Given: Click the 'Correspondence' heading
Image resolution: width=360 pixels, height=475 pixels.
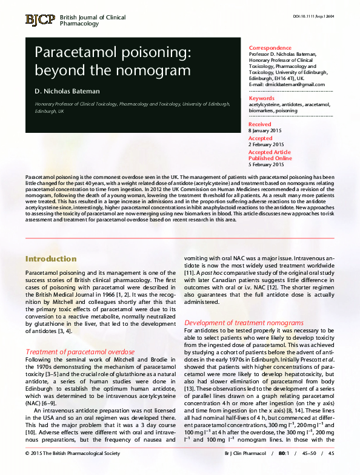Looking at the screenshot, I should [x=270, y=48].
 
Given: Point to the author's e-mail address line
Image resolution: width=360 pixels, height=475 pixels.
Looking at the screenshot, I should [x=287, y=84].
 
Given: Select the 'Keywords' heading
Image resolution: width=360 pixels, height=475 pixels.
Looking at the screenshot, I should [x=262, y=98].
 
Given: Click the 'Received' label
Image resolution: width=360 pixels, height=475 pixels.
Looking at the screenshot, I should [x=260, y=124].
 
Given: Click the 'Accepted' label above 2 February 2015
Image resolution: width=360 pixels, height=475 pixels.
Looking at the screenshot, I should [x=261, y=138].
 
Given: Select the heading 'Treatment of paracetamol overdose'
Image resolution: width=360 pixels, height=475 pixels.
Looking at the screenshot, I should [x=80, y=352].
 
